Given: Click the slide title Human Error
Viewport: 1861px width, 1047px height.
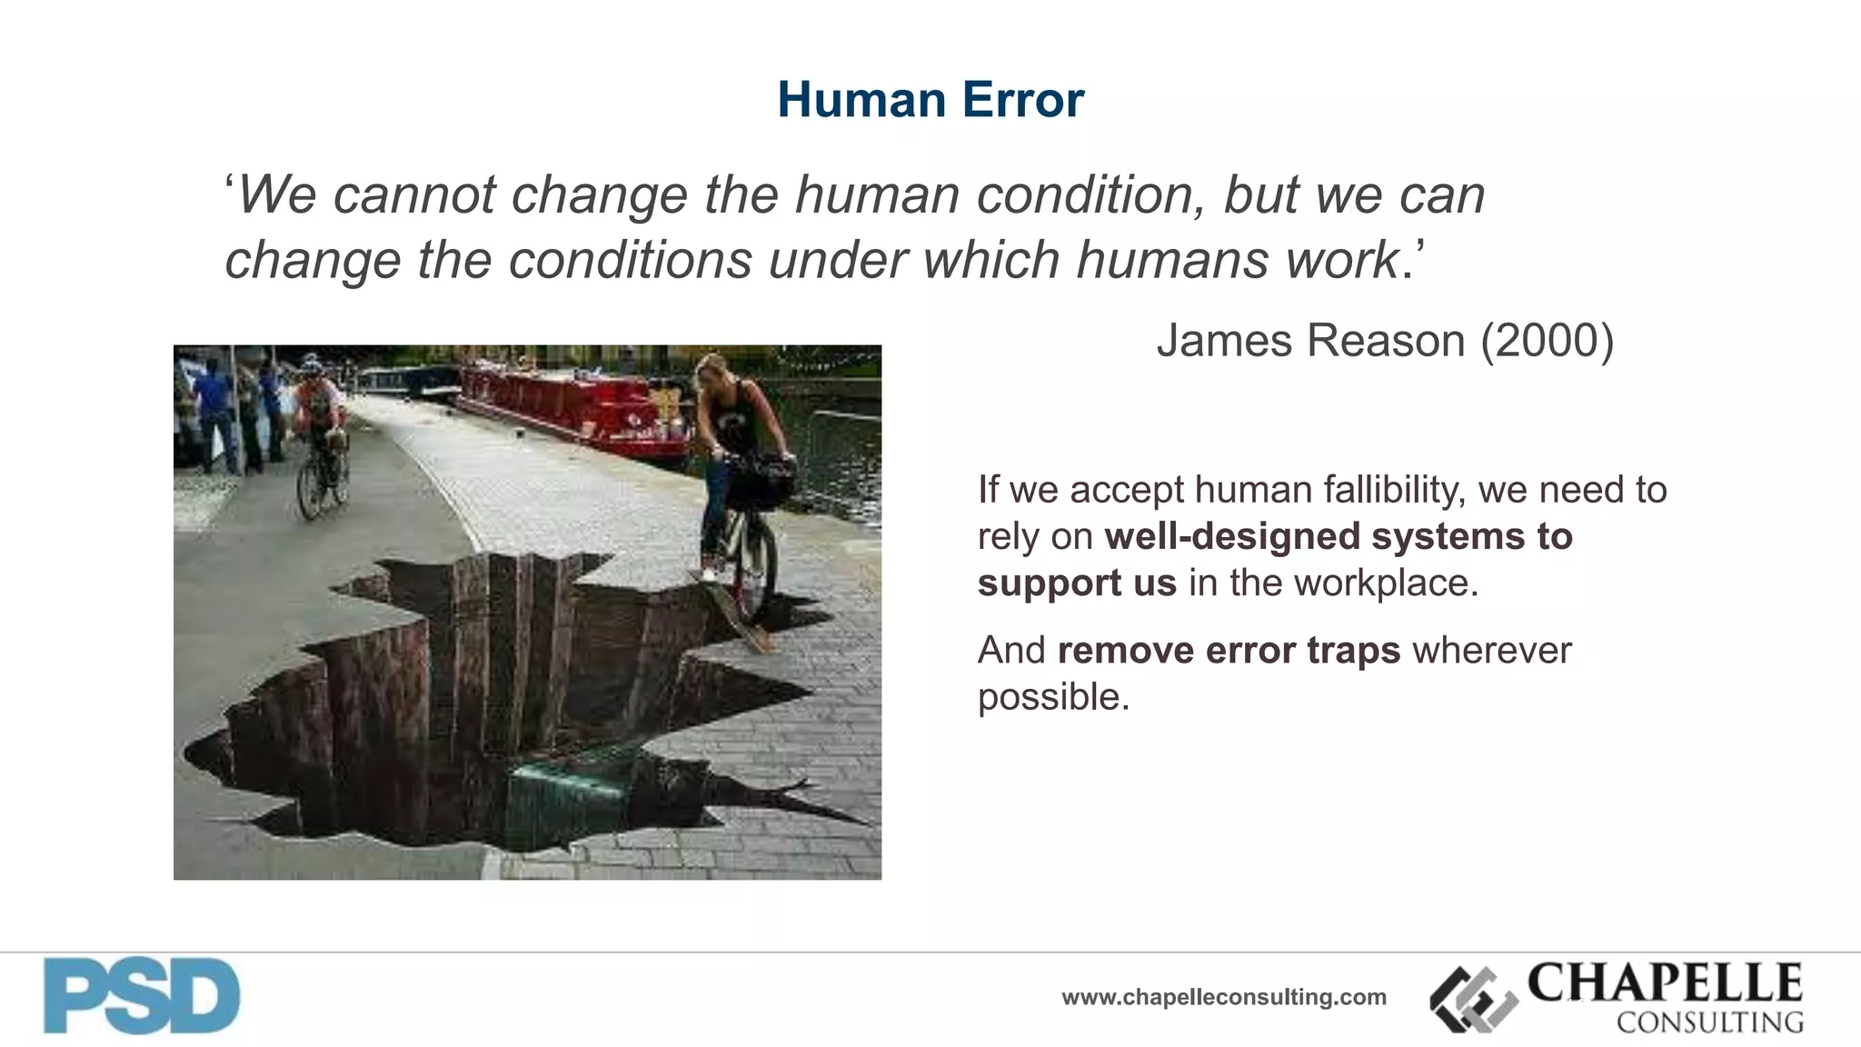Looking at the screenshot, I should point(930,100).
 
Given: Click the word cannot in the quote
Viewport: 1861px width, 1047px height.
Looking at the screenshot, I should point(413,195).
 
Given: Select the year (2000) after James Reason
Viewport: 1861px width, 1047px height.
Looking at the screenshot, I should point(1547,342).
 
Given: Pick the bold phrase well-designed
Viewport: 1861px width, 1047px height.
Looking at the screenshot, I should point(1232,537).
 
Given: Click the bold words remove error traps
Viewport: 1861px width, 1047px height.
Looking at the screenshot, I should point(1229,651).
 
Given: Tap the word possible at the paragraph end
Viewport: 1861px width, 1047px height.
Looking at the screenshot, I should point(1052,698).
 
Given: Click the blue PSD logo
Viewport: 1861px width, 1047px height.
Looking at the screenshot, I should point(142,996).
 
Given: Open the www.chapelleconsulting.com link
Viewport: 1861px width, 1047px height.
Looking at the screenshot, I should point(1223,998).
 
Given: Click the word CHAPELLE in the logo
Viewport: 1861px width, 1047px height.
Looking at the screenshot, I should point(1665,983).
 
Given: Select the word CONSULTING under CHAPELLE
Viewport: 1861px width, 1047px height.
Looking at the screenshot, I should point(1709,1022).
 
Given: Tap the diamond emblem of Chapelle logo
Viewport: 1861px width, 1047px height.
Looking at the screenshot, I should point(1473,1000).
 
